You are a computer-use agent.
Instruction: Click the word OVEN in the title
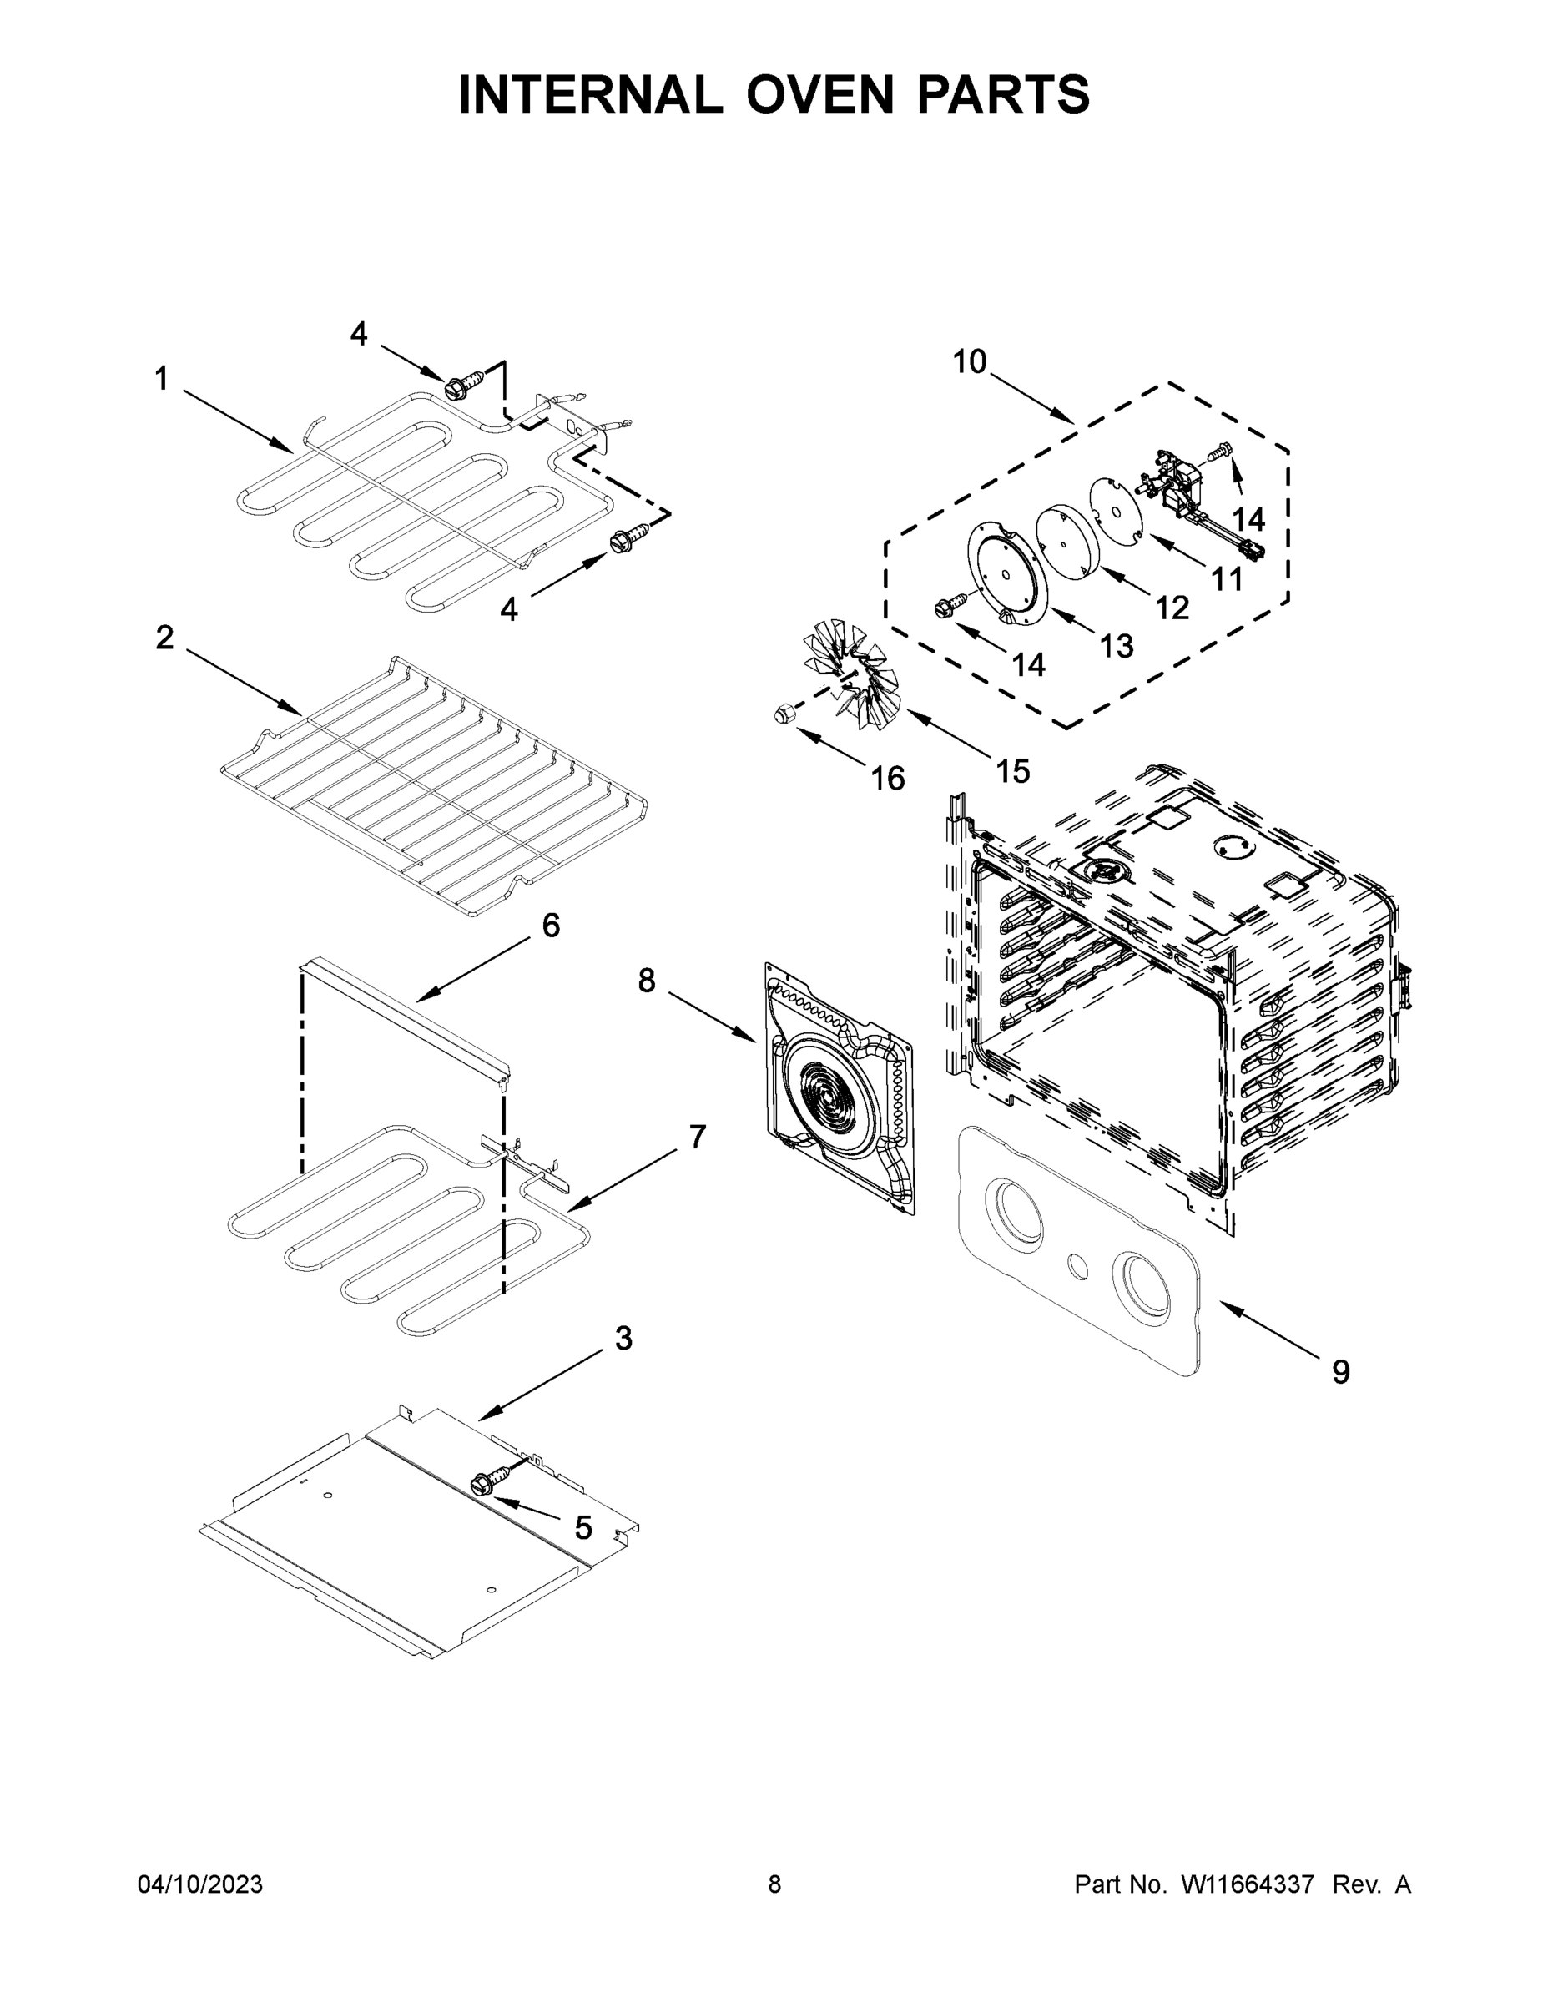825,94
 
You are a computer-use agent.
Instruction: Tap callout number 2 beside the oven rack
164,638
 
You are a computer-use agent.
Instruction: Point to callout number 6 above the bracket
550,926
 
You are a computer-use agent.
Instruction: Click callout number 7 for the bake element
698,1138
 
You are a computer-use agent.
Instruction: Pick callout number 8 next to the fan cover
647,981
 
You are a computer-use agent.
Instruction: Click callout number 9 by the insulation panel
1340,1372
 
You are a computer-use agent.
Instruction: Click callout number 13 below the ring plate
1116,647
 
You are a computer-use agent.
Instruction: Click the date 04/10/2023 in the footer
200,1884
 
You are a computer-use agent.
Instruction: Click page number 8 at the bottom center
774,1884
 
